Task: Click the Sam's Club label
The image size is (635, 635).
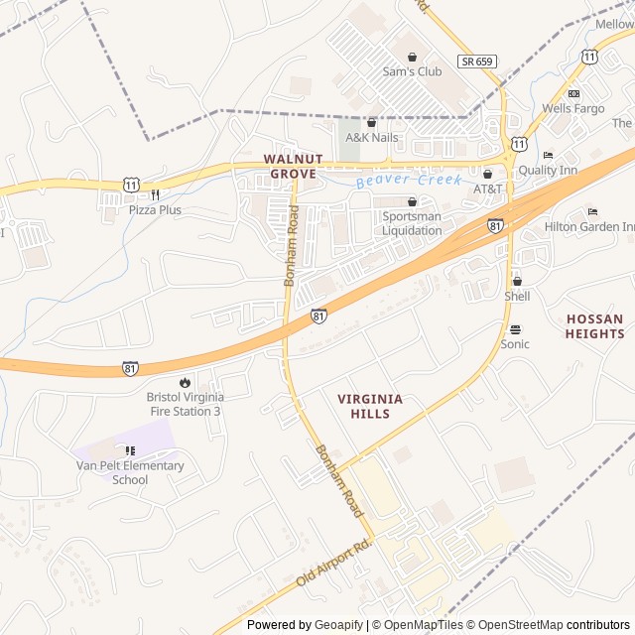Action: coord(412,71)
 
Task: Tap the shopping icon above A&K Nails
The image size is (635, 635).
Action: coord(371,123)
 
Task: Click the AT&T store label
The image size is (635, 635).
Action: coord(487,189)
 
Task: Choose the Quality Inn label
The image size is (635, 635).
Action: coord(575,170)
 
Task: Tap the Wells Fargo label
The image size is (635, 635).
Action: coord(573,108)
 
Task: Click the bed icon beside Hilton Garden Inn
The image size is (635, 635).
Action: coord(593,211)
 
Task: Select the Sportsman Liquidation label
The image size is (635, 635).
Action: coord(412,223)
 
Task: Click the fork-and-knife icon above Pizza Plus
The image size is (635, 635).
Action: coord(156,194)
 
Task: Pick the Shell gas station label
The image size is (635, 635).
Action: coord(517,296)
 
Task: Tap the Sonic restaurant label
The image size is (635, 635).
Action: coord(515,344)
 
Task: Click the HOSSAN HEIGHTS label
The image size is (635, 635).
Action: coord(594,326)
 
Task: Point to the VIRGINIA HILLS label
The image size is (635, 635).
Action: coord(370,406)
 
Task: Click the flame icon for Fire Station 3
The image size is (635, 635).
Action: coord(185,382)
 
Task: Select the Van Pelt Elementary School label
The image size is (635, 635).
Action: coord(130,472)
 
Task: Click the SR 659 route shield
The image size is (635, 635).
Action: coord(476,62)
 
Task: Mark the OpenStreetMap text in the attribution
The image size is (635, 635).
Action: coord(516,625)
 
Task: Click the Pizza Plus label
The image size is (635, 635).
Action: coord(155,210)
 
